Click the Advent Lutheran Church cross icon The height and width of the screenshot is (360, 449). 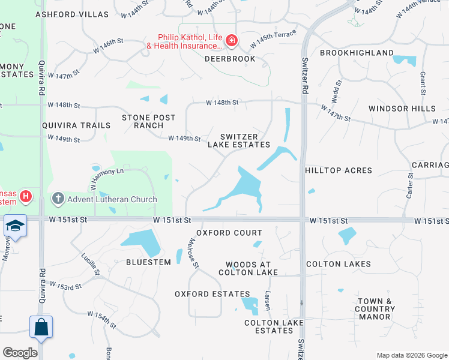coord(58,198)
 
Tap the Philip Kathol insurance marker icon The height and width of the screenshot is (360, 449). coord(232,41)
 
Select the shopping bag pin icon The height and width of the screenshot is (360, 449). coord(41,327)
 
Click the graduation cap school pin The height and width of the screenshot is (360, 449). coord(15,226)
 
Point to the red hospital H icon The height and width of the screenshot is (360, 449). coord(25,196)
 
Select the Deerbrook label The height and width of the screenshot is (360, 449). coord(230,59)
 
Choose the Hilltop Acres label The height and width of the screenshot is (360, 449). coord(339,170)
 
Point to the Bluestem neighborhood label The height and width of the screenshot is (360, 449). coord(148,262)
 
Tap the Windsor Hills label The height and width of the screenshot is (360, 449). coord(402,109)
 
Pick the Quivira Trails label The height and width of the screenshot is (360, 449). coord(76,125)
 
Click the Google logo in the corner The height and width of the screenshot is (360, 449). coord(20,353)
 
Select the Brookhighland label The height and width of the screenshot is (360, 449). coord(357,53)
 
